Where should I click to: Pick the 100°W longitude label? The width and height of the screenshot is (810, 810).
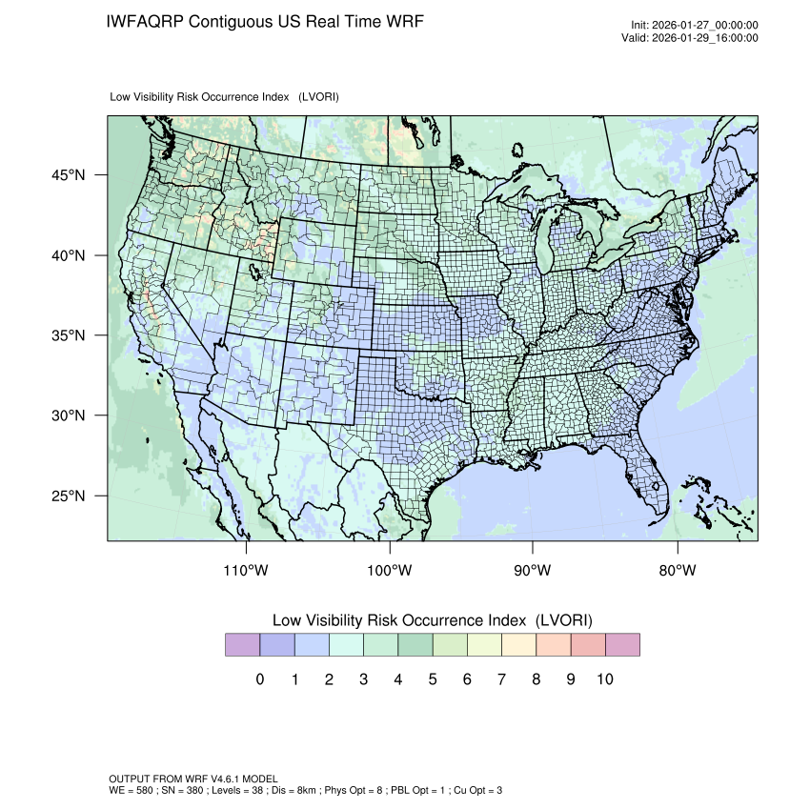(390, 571)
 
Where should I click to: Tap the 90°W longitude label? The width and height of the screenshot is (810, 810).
(533, 571)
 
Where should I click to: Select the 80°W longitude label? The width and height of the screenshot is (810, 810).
(677, 571)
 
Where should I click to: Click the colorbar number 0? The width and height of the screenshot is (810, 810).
(259, 679)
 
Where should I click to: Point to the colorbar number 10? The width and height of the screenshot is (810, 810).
(604, 679)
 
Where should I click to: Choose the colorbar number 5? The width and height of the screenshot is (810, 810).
(432, 679)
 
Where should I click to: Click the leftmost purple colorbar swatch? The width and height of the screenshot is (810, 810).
(242, 645)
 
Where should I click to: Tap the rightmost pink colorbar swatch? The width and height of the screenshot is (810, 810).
(622, 645)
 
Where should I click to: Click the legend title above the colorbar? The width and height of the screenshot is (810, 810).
(432, 619)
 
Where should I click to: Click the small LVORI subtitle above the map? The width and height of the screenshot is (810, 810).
(225, 97)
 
